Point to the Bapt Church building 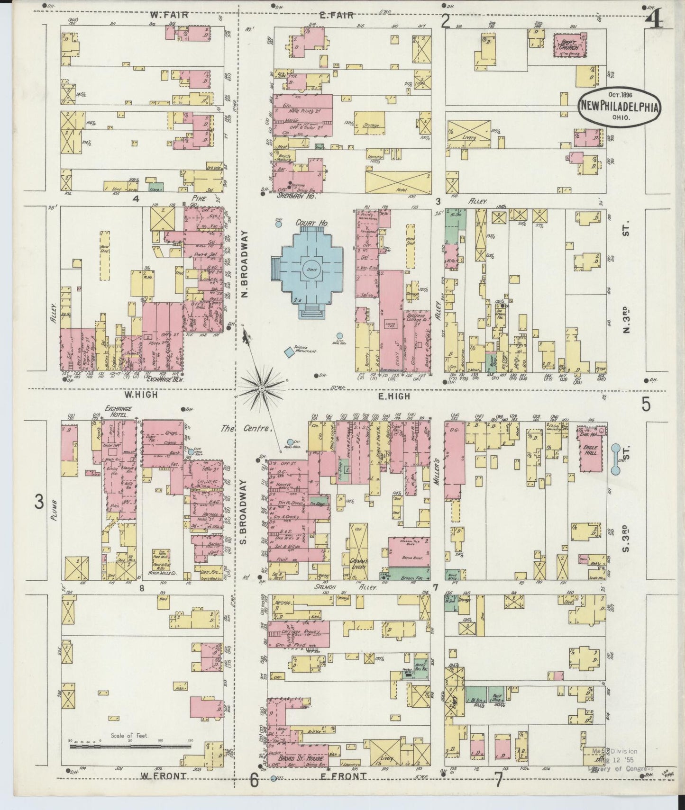(570, 45)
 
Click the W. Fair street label (169, 15)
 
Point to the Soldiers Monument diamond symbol (288, 352)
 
